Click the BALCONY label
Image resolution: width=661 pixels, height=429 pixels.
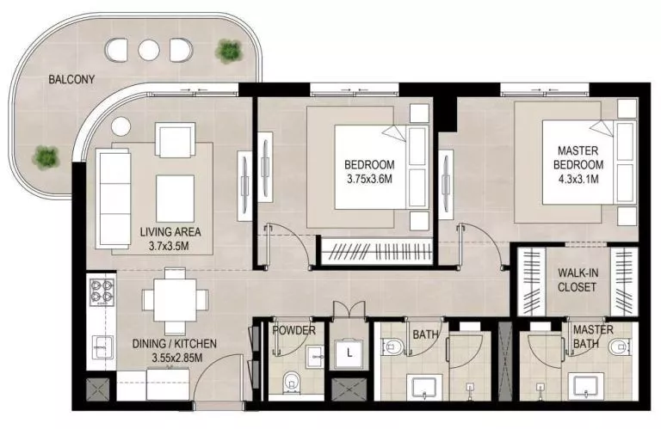pyautogui.click(x=71, y=80)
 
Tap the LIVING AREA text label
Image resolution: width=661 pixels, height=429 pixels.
pyautogui.click(x=170, y=232)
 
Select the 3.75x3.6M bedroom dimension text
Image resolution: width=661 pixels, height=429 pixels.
pyautogui.click(x=369, y=180)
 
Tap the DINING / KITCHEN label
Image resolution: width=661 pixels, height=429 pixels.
pyautogui.click(x=175, y=344)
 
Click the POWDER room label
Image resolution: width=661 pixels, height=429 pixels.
pyautogui.click(x=293, y=330)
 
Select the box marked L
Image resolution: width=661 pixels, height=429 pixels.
pyautogui.click(x=349, y=353)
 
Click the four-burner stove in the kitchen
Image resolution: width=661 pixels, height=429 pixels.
pyautogui.click(x=102, y=291)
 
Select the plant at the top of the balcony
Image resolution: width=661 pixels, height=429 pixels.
pyautogui.click(x=229, y=52)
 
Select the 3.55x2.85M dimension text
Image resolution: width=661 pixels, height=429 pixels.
pyautogui.click(x=175, y=358)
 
